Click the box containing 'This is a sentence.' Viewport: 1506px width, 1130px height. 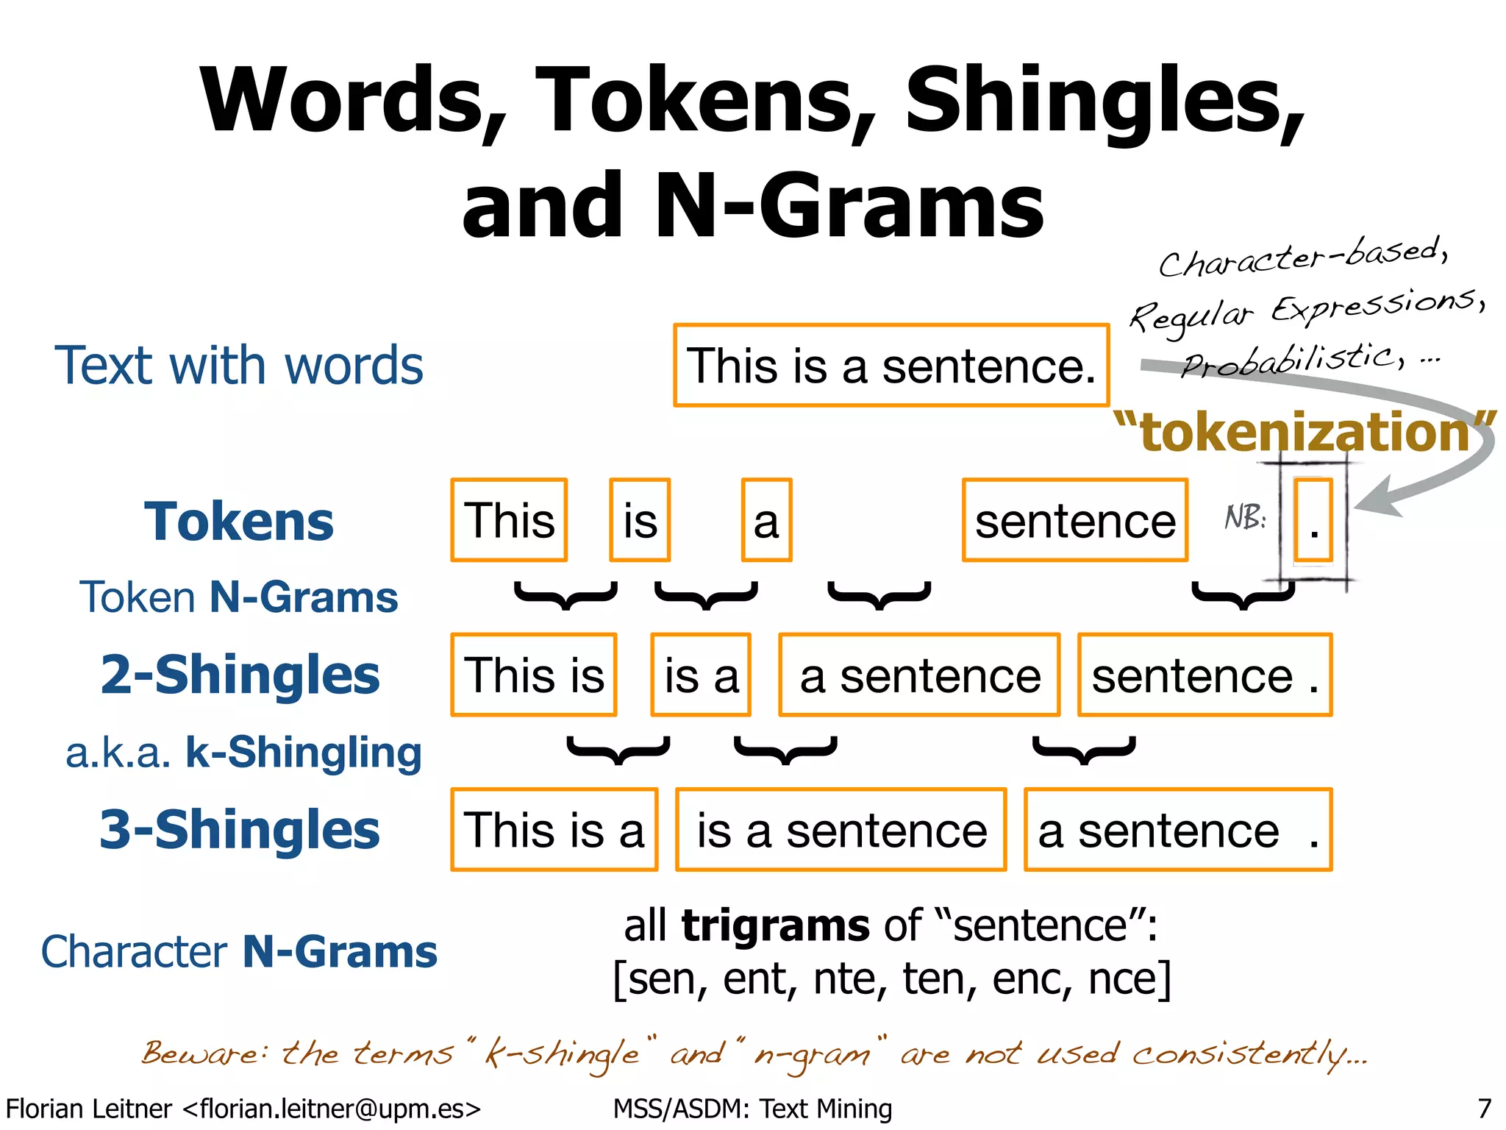(x=891, y=365)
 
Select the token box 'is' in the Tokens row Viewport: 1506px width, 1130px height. (x=640, y=520)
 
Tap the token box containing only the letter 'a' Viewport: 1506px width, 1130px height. (x=766, y=520)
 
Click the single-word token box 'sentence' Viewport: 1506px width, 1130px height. (x=1074, y=520)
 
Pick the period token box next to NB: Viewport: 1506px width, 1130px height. (x=1313, y=520)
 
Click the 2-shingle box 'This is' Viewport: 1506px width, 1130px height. (x=534, y=675)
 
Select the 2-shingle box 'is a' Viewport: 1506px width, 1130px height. (x=701, y=675)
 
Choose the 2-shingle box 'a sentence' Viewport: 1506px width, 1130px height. (x=919, y=675)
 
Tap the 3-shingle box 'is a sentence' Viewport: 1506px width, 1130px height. (x=841, y=830)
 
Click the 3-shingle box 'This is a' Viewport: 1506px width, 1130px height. (x=554, y=830)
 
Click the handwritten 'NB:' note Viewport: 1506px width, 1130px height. (x=1245, y=517)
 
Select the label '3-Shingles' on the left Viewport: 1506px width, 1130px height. (x=240, y=829)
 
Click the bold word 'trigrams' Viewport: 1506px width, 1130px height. (x=776, y=925)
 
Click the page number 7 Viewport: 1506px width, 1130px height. (x=1484, y=1108)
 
